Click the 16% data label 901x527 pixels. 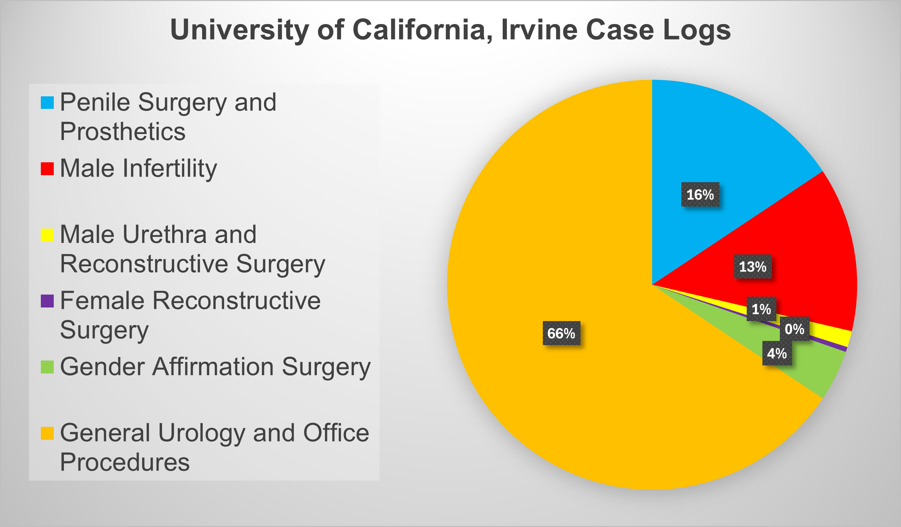tap(700, 194)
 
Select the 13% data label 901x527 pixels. tap(753, 267)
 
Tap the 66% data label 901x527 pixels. tap(561, 333)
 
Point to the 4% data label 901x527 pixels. tap(777, 354)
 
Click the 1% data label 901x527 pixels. tap(761, 309)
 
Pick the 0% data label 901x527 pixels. tap(794, 329)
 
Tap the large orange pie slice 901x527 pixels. tap(572, 393)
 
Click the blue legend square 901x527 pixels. tap(47, 103)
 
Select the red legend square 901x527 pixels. tap(47, 169)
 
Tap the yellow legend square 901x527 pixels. tap(47, 235)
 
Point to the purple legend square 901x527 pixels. tap(47, 301)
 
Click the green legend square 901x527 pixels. tap(47, 367)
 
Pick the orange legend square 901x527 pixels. tap(47, 433)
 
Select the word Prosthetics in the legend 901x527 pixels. tap(123, 132)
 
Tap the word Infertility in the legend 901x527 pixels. tap(170, 169)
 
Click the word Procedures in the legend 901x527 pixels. tap(124, 462)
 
